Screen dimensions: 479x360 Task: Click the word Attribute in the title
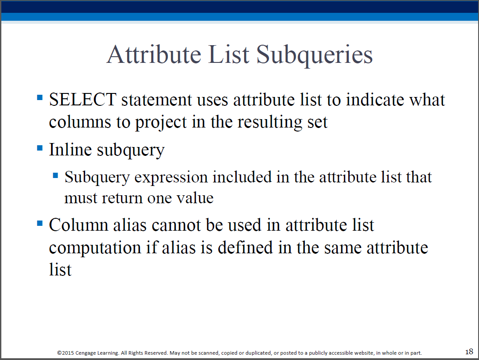[x=154, y=54]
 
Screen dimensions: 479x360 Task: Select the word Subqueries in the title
[x=314, y=55]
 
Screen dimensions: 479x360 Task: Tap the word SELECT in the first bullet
[x=82, y=100]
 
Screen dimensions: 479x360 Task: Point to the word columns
[x=80, y=123]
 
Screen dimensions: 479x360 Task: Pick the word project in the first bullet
[x=161, y=123]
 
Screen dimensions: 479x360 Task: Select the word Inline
[x=70, y=150]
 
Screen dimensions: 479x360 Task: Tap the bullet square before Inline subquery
[x=40, y=148]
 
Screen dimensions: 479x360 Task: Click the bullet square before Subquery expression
[x=55, y=175]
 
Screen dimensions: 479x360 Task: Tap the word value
[x=195, y=198]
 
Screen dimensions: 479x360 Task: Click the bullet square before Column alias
[x=40, y=223]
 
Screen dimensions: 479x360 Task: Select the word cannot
[x=176, y=225]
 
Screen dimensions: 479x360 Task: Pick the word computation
[x=95, y=248]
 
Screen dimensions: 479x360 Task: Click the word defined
[x=245, y=248]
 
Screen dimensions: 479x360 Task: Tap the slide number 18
[x=469, y=352]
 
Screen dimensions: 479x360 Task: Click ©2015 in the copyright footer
[x=66, y=353]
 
